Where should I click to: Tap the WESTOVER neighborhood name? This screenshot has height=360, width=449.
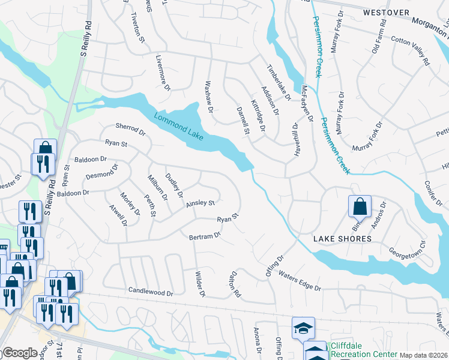(386, 12)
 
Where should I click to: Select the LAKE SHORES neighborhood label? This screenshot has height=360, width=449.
(342, 239)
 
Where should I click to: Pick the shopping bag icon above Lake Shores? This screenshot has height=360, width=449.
(360, 206)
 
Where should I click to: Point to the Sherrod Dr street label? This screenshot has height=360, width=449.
(130, 130)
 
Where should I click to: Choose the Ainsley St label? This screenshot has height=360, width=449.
(200, 203)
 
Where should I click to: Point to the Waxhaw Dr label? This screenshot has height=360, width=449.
(209, 97)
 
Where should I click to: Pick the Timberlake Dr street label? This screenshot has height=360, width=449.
(279, 83)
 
